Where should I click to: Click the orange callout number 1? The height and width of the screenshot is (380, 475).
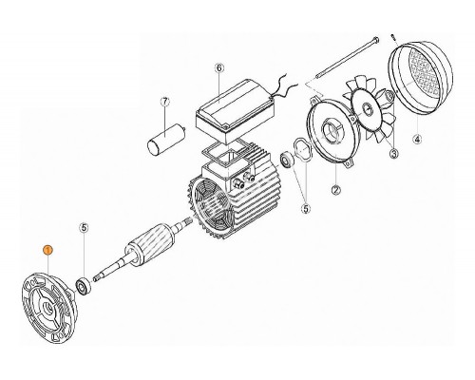[47, 251]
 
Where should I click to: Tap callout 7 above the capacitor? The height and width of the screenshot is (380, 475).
[165, 102]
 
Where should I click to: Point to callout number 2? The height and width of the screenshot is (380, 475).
[335, 190]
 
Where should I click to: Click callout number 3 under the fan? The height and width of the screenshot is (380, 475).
[393, 154]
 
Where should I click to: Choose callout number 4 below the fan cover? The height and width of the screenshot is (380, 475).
[417, 139]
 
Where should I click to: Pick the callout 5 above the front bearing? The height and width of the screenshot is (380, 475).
[84, 227]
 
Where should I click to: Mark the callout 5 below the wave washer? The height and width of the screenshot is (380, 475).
[306, 209]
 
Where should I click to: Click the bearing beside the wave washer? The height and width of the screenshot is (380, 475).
[288, 160]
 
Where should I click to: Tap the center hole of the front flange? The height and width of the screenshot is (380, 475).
[49, 307]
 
